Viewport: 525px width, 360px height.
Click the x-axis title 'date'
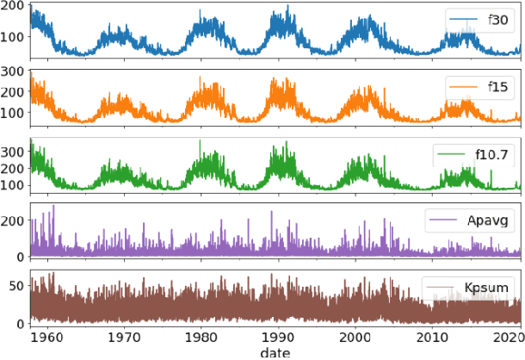tap(277, 352)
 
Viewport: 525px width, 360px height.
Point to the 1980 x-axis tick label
tap(201, 338)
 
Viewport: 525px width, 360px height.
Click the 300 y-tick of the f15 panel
tap(13, 71)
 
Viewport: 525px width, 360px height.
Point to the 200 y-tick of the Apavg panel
tap(13, 221)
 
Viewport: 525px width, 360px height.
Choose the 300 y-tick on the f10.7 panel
tap(13, 150)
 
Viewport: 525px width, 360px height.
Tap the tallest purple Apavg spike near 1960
tap(53, 206)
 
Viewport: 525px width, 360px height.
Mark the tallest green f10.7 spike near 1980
tap(201, 140)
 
